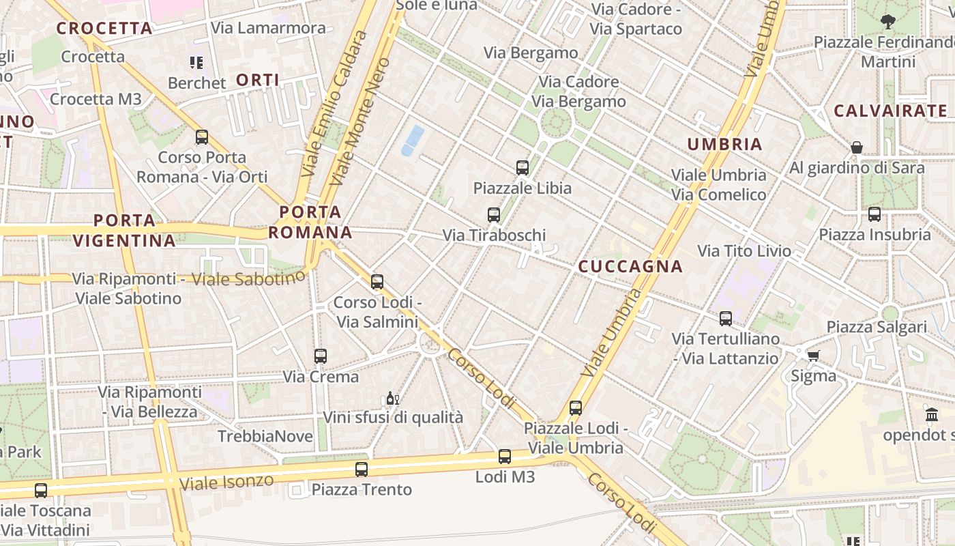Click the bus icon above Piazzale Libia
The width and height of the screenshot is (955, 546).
[x=523, y=167]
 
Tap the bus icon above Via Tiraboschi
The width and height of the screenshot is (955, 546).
[x=494, y=215]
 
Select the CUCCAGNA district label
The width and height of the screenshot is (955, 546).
[x=630, y=267]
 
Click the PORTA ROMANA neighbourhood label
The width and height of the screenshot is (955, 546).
[x=310, y=222]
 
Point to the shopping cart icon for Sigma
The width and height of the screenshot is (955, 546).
[x=813, y=356]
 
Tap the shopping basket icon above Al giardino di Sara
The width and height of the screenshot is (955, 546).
[x=857, y=147]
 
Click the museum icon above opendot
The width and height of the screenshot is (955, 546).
[x=932, y=414]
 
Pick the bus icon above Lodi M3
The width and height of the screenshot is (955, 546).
[x=505, y=457]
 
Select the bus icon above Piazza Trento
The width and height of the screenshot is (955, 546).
[x=362, y=470]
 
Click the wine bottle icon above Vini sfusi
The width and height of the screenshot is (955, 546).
[x=392, y=398]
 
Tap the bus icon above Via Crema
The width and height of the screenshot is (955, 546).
[x=321, y=356]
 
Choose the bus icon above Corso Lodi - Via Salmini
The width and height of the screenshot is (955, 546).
[x=377, y=282]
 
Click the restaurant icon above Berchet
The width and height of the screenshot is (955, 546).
[x=196, y=63]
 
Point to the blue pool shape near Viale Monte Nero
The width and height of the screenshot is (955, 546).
[x=413, y=141]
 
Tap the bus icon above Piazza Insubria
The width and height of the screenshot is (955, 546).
[x=875, y=214]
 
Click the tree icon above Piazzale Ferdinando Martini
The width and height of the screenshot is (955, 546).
[x=887, y=22]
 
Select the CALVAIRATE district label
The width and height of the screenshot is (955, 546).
[x=891, y=111]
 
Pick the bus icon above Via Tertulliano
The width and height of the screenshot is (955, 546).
[x=726, y=319]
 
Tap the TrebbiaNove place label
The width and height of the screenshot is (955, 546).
[x=265, y=436]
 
